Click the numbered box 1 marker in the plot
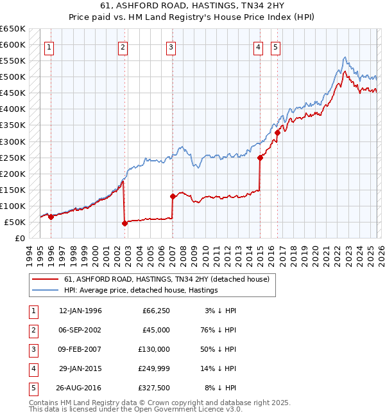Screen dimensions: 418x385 click(x=50, y=46)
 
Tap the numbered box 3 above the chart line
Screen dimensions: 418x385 click(x=171, y=46)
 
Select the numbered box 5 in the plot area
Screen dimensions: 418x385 click(x=275, y=46)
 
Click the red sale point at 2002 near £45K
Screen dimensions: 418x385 click(x=124, y=223)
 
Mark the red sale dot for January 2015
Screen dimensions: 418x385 click(x=260, y=158)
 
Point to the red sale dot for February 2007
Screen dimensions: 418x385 click(x=173, y=196)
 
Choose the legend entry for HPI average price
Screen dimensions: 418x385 click(x=141, y=290)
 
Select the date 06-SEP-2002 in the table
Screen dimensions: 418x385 click(x=80, y=329)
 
